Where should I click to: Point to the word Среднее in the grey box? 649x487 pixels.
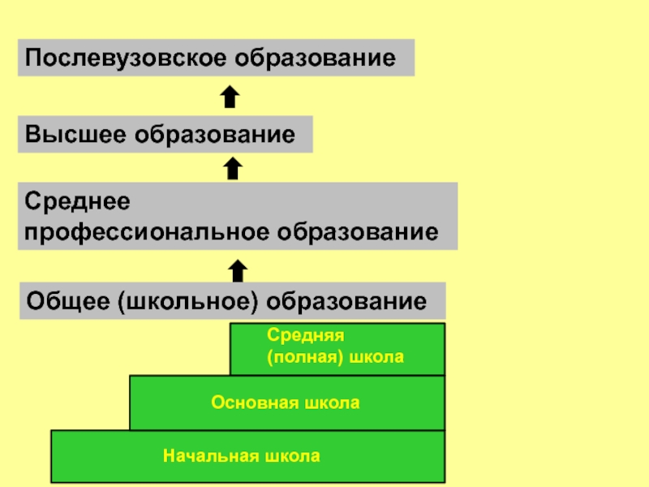pyautogui.click(x=77, y=199)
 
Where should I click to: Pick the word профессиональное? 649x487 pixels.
pyautogui.click(x=148, y=232)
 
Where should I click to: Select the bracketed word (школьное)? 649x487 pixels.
pyautogui.click(x=189, y=301)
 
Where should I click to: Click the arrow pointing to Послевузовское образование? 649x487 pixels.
pyautogui.click(x=230, y=97)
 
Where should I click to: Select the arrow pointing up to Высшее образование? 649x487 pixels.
pyautogui.click(x=233, y=168)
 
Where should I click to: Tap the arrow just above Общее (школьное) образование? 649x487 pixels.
pyautogui.click(x=238, y=270)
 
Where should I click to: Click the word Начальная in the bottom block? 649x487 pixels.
pyautogui.click(x=204, y=455)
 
